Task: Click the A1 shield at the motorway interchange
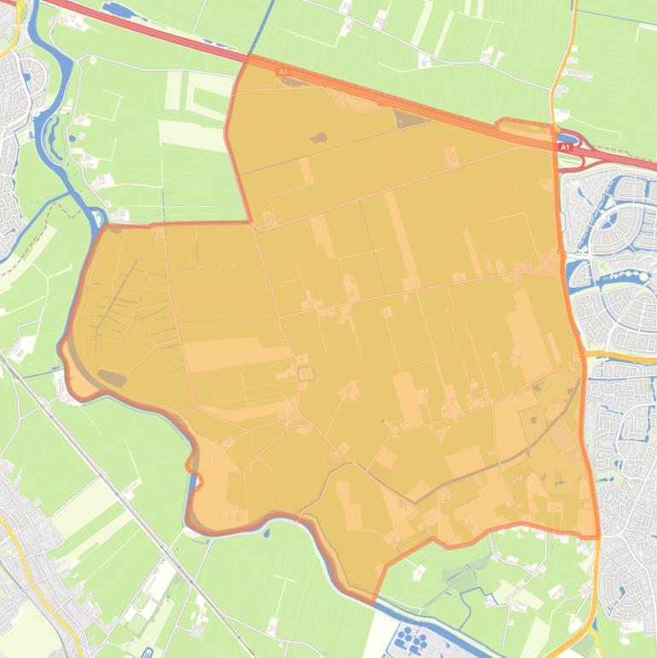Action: point(564,148)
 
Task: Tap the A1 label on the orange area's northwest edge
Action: point(283,73)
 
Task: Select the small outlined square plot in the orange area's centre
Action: point(305,373)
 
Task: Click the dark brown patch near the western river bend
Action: point(112,377)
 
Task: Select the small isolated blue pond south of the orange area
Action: point(267,534)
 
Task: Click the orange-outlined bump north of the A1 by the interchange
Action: point(525,128)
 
